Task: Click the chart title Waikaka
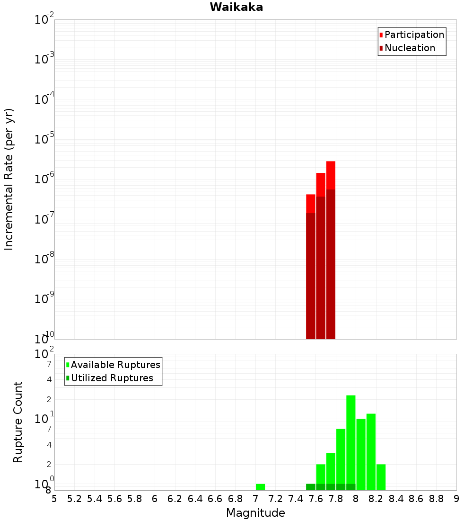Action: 236,7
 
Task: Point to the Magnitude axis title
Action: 255,513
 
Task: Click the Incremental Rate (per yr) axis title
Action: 9,180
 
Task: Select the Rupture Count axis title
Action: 18,422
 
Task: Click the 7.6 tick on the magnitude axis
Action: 315,499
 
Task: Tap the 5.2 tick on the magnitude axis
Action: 74,499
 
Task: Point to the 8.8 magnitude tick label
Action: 436,499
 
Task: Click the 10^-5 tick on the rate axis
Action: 44,139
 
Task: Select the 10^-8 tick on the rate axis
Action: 44,259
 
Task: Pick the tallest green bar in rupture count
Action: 350,440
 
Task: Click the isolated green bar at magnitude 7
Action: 260,487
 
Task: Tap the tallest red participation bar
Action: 331,175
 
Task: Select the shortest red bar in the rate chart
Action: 311,204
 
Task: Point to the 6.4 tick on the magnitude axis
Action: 195,499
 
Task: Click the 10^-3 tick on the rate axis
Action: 44,59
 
